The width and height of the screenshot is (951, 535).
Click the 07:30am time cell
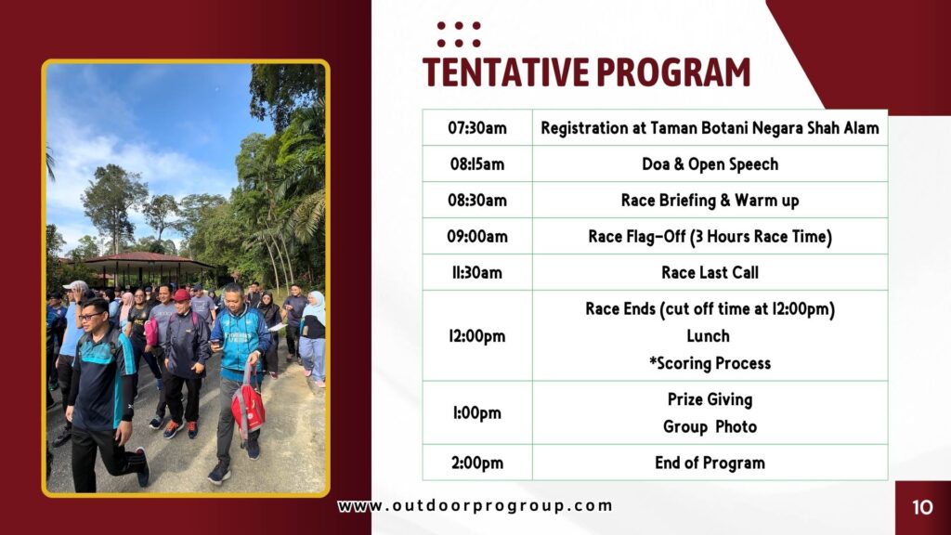point(477,128)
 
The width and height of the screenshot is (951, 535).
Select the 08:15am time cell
point(477,163)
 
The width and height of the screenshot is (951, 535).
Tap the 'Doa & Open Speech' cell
point(710,163)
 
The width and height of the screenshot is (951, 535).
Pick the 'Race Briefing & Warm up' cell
point(710,201)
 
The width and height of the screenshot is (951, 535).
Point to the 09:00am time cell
point(477,236)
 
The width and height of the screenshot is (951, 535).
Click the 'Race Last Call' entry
point(710,272)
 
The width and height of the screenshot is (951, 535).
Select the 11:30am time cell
point(477,272)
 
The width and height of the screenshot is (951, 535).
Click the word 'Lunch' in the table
point(709,336)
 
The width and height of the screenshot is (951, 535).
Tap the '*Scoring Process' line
point(710,363)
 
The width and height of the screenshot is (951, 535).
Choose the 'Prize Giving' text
point(710,399)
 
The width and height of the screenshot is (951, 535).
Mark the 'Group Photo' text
point(710,427)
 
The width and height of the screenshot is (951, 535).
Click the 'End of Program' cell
point(710,463)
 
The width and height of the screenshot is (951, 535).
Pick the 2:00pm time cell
point(477,463)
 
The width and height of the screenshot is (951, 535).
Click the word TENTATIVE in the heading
point(506,72)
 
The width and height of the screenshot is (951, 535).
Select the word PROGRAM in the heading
point(673,72)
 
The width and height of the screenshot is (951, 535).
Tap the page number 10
point(922,507)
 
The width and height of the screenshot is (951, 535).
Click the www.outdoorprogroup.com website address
point(475,506)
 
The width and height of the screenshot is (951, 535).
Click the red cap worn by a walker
point(181,295)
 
